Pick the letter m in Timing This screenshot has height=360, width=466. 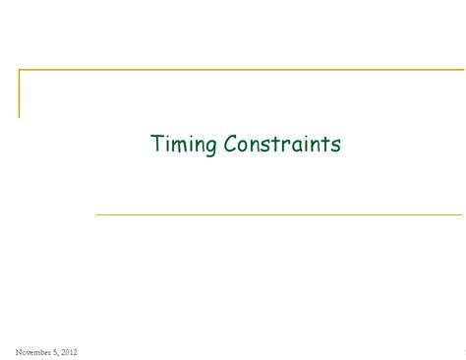point(180,146)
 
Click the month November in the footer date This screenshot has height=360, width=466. point(34,351)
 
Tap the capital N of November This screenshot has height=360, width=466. point(19,351)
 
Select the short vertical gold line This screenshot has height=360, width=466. point(19,93)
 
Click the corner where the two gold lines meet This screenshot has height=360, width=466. point(19,70)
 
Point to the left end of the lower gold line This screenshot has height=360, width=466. point(96,214)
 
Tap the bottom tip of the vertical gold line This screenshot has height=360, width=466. point(19,117)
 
